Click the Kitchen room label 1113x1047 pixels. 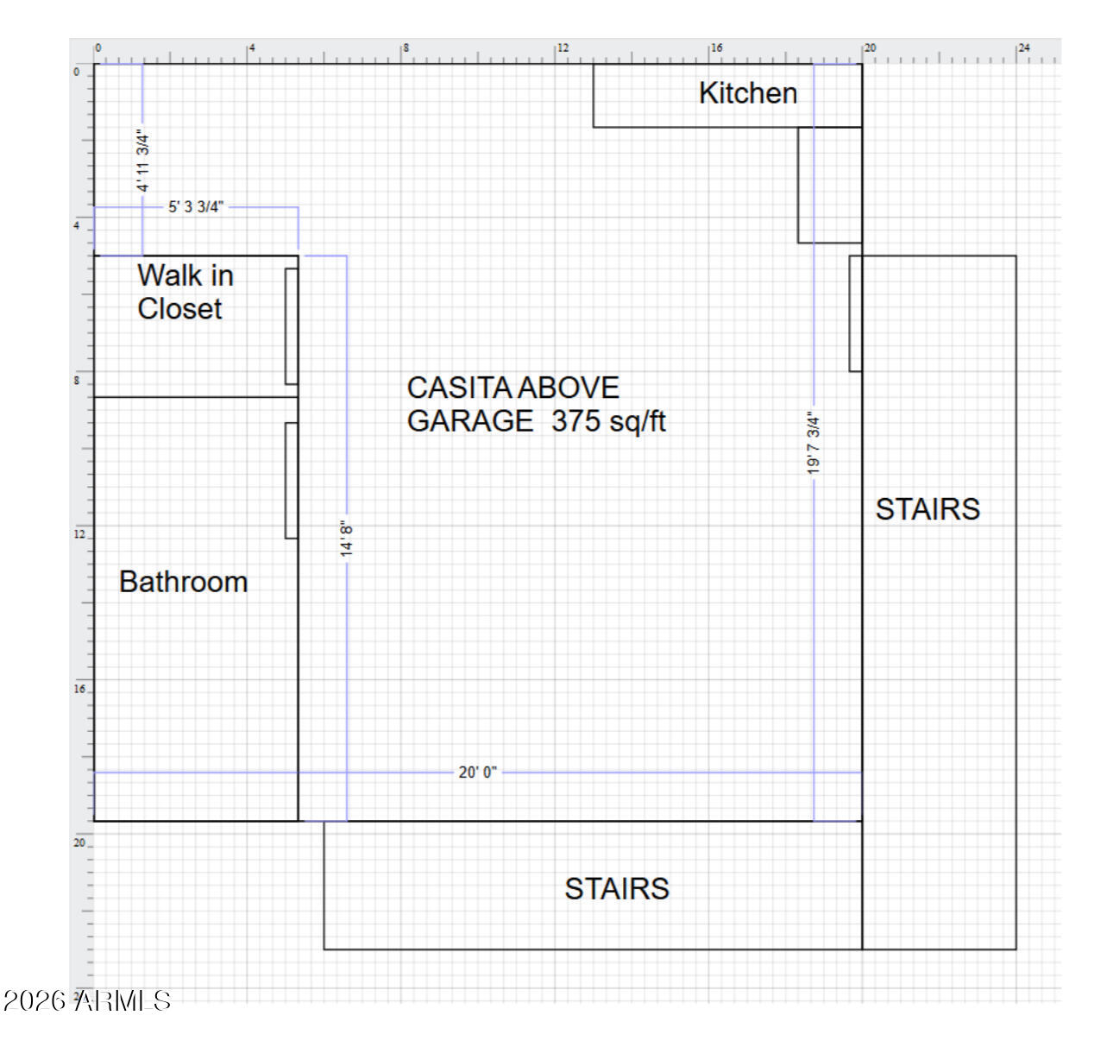coord(747,93)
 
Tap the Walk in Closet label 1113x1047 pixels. coord(185,292)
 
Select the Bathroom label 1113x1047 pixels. coord(183,582)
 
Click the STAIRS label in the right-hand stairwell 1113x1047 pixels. coord(927,509)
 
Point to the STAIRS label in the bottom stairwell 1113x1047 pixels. coord(617,889)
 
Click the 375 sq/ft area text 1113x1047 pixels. coord(608,421)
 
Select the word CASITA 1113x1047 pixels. coord(459,388)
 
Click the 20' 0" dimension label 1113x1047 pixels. coord(477,773)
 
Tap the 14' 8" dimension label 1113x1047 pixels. coord(346,539)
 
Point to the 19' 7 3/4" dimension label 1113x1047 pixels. coord(813,443)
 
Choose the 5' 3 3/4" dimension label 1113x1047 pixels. coord(196,207)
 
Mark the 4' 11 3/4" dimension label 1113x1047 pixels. coord(143,161)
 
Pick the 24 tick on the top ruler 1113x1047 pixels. coord(1024,48)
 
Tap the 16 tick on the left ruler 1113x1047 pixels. coord(79,689)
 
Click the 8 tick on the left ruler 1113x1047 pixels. coord(77,381)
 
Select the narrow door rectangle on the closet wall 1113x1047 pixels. coord(292,326)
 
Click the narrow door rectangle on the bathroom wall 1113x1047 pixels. coord(292,481)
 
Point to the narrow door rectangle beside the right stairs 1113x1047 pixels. coord(856,313)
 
